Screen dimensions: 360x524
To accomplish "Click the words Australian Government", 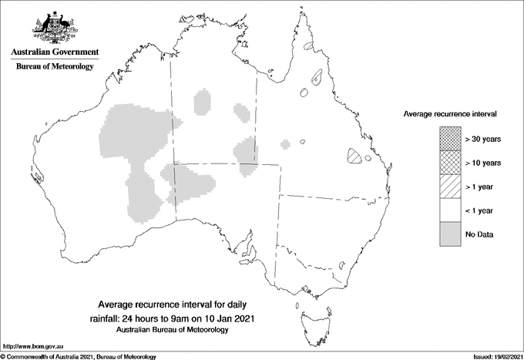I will (x=55, y=52).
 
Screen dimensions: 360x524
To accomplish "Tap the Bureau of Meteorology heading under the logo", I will (x=55, y=66).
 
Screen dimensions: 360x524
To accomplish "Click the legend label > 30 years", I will (x=482, y=139).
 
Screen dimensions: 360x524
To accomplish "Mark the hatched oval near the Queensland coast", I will (x=354, y=156).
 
